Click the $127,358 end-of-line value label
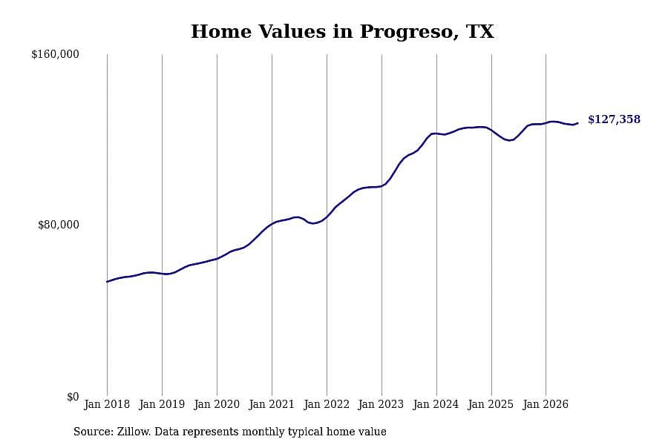[614, 119]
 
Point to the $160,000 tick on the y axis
[55, 54]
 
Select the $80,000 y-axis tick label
[59, 225]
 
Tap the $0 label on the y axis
[73, 397]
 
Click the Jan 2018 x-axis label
[107, 404]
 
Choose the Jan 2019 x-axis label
[162, 404]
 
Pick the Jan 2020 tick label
[217, 404]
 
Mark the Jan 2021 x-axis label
[272, 404]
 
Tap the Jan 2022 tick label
[327, 404]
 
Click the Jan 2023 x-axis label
[381, 404]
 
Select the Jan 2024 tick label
[436, 404]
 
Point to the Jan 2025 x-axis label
[491, 404]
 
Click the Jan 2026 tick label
[546, 404]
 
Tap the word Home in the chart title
[221, 31]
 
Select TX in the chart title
[480, 31]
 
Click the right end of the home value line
[577, 123]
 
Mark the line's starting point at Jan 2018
[107, 282]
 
